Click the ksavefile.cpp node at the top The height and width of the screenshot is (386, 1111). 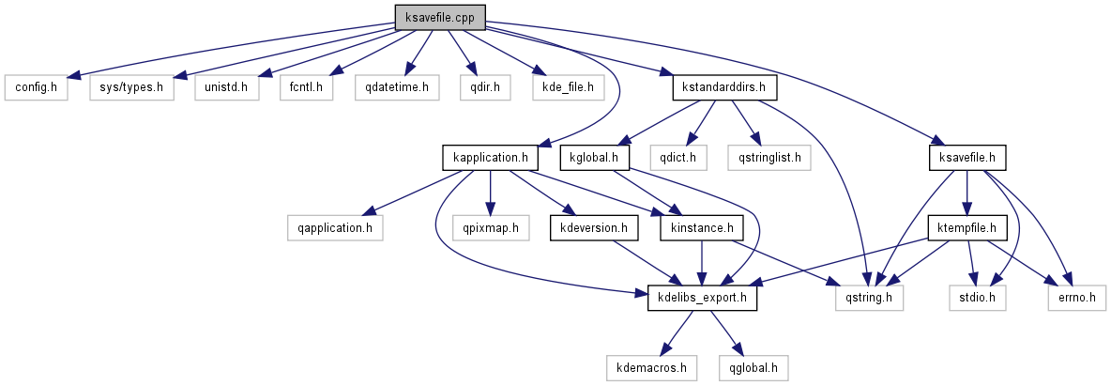[x=440, y=16]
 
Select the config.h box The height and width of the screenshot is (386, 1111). [x=36, y=87]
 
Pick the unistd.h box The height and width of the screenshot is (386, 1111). [x=226, y=87]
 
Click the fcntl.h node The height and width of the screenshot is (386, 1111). [x=306, y=87]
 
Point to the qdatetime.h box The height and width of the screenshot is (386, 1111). [x=398, y=87]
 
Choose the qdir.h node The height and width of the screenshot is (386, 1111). [x=485, y=87]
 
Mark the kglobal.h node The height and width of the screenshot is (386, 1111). [x=595, y=157]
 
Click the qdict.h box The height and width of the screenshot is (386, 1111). [x=683, y=157]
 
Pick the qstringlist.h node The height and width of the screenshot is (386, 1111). [x=769, y=157]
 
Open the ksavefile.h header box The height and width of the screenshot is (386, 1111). [x=966, y=157]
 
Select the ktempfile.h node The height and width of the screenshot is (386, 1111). [x=966, y=227]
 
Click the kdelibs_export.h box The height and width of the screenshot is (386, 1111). [x=703, y=299]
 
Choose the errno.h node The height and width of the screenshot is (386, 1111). [x=1076, y=299]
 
